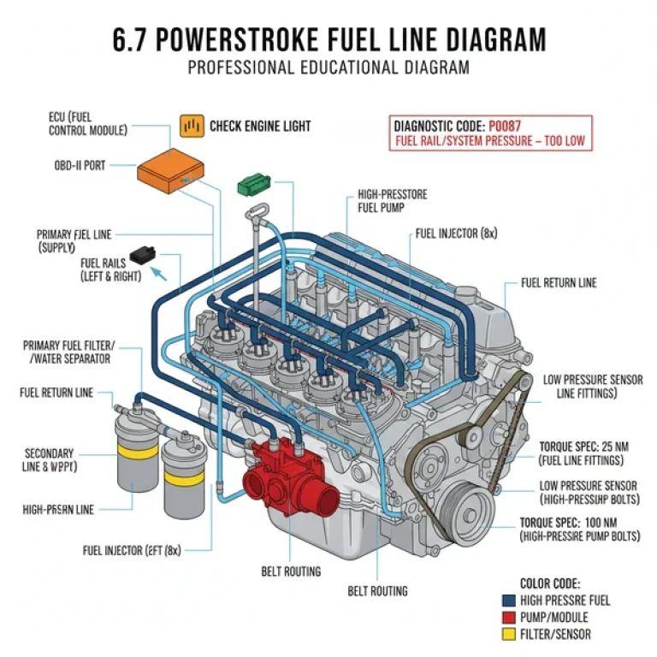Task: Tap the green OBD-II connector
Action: tap(253, 183)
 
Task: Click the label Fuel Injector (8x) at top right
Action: tap(456, 233)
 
